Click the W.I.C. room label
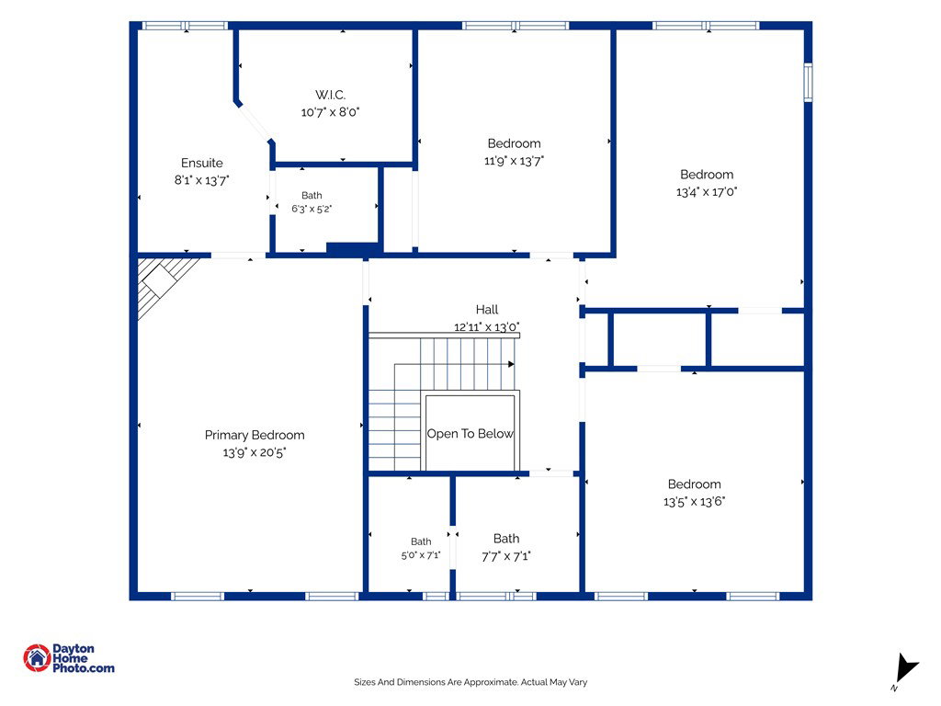330,95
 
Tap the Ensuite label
201,163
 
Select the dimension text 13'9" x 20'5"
255,452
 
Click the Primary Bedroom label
255,435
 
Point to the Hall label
487,309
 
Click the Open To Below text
470,434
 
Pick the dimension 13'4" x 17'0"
707,191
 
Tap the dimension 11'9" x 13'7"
514,160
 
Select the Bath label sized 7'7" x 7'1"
506,539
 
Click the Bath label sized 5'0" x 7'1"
421,541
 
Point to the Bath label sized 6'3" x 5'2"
312,195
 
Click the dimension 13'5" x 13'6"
695,501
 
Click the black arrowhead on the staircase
511,364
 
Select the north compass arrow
905,668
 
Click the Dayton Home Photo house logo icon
37,658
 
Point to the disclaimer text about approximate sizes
470,682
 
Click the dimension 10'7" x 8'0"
330,111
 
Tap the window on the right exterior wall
808,82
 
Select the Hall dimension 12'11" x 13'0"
487,326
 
